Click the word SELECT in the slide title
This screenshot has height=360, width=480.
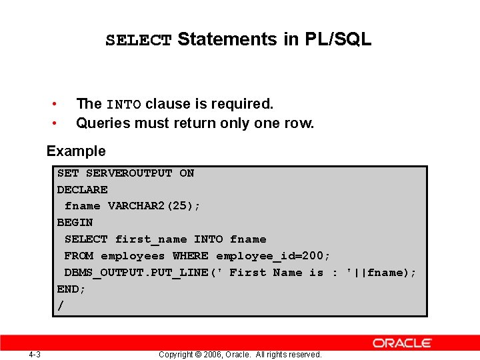coord(139,40)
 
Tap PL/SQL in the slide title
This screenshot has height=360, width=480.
coord(338,39)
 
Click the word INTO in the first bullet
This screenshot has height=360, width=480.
coord(124,105)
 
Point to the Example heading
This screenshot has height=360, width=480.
coord(76,151)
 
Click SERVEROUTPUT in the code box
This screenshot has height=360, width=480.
coord(129,173)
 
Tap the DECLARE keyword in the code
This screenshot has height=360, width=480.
coord(82,190)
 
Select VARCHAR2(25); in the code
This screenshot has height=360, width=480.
coord(154,206)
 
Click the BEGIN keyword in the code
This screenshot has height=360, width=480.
coord(75,223)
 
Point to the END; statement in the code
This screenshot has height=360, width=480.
coord(71,289)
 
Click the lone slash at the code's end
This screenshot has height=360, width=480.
coord(61,306)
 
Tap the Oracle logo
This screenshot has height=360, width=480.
coord(402,343)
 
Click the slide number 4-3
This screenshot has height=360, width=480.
coord(35,354)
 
